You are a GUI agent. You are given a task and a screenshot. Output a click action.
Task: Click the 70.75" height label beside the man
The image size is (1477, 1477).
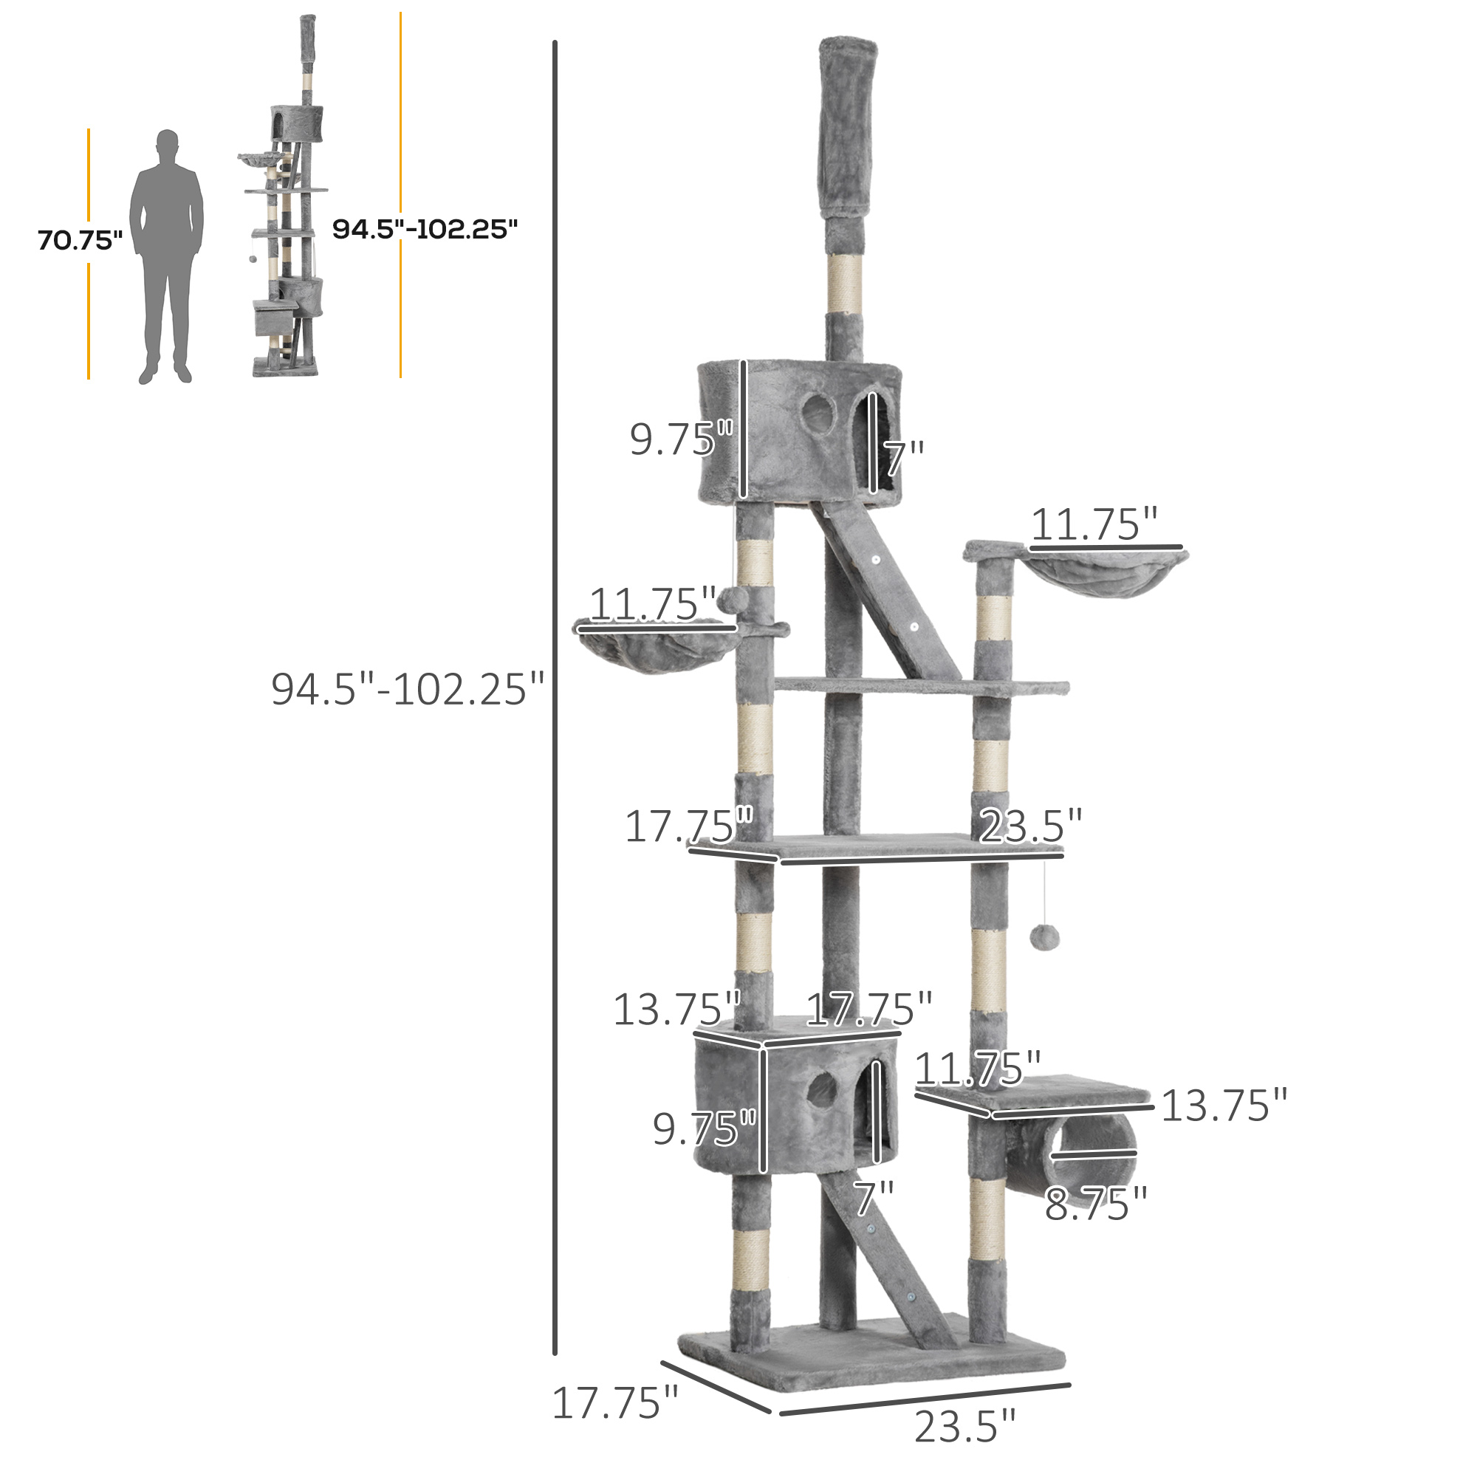(80, 240)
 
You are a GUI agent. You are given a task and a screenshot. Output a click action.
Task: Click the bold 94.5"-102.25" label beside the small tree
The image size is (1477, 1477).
(425, 229)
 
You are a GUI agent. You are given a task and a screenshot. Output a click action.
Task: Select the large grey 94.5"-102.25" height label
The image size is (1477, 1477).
(408, 689)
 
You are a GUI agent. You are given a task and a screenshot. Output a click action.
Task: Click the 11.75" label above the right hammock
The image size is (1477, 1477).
(1094, 524)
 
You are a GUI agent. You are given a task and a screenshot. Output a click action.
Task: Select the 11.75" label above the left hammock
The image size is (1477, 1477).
(652, 604)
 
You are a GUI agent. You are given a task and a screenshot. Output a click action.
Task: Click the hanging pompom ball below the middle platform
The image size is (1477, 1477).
(1044, 936)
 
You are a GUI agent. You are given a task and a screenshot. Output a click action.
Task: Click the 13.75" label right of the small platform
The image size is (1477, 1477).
(1224, 1106)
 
